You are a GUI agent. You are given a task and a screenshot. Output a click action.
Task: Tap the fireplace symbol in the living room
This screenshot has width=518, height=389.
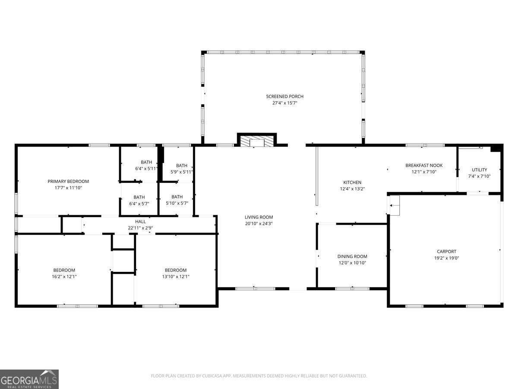(x=257, y=142)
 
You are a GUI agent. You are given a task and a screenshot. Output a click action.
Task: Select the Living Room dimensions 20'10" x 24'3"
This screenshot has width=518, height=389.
(x=259, y=223)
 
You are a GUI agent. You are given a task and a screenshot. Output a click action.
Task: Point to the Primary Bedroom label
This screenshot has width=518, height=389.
(x=68, y=181)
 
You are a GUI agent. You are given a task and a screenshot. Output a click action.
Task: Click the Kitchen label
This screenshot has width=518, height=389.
(x=352, y=182)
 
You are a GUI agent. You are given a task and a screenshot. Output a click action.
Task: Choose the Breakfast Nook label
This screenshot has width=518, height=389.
(x=424, y=165)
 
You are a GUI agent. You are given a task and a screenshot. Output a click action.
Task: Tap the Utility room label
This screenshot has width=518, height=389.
(x=479, y=170)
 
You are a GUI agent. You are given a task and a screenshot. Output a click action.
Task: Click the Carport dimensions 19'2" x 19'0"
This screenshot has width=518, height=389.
(x=446, y=258)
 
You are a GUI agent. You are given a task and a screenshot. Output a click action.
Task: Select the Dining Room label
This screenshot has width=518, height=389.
(x=352, y=256)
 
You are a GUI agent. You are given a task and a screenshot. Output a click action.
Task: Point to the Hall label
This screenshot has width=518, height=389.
(x=141, y=221)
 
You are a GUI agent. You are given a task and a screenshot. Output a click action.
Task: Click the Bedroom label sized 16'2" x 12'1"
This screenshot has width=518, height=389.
(x=64, y=270)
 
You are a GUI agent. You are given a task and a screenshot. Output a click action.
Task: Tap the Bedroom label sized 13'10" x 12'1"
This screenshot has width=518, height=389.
(x=176, y=270)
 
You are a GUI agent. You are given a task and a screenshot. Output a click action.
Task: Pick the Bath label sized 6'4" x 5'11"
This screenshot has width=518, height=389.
(x=146, y=163)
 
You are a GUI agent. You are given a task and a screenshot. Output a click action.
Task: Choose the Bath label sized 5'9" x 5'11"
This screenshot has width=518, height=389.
(x=182, y=166)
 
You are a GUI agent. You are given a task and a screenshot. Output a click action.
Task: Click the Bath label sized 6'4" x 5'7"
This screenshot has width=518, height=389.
(x=139, y=197)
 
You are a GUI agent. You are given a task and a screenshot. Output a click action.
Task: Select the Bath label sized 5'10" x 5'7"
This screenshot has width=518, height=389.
(x=177, y=197)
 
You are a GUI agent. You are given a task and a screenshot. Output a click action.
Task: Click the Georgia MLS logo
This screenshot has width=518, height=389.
(x=29, y=379)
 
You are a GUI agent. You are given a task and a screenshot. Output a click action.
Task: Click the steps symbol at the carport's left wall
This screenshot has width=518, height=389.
(x=395, y=205)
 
